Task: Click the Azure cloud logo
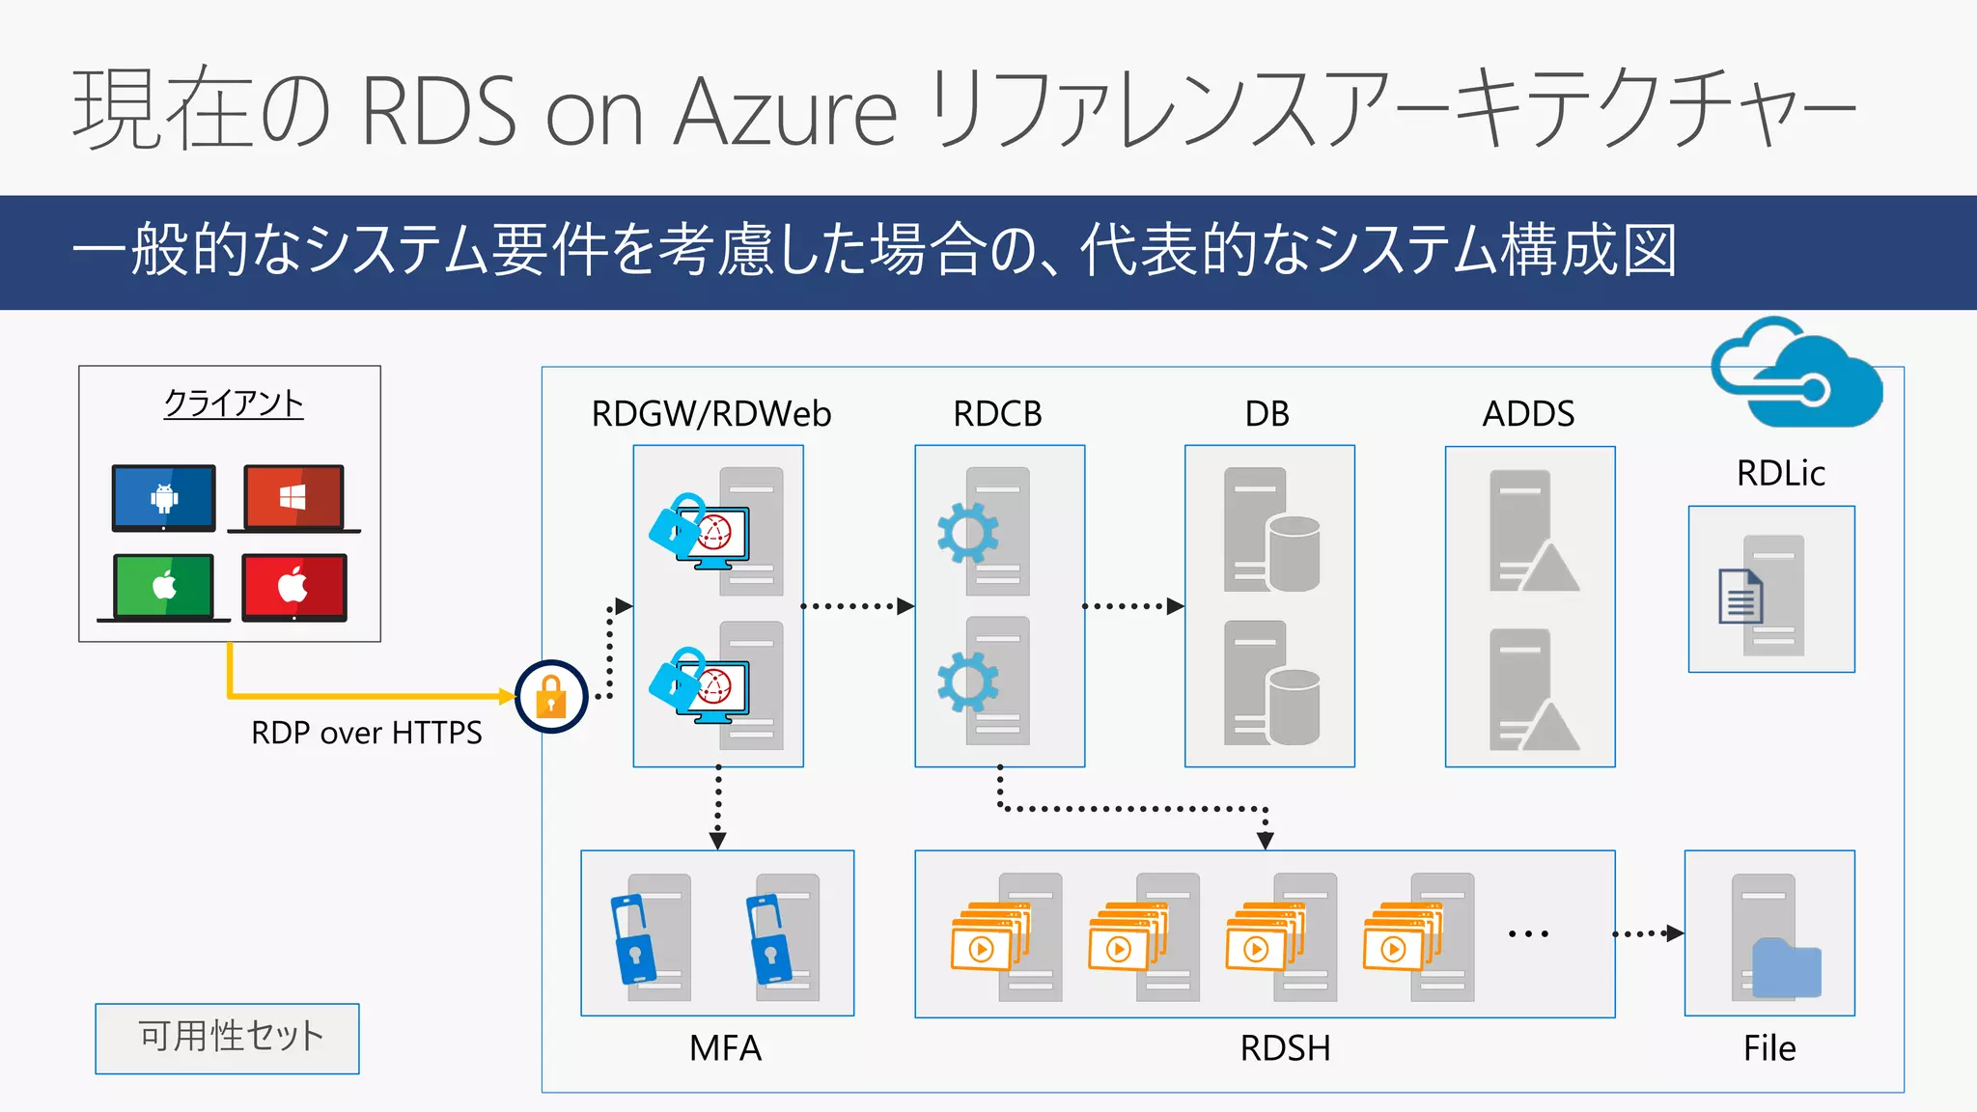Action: coord(1796,375)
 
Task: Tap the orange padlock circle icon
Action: coord(551,696)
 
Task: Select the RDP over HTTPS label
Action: coord(367,733)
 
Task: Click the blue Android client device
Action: coord(164,498)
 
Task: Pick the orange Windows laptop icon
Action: coord(293,498)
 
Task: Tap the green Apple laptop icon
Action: coord(164,587)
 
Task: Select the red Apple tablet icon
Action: coord(293,587)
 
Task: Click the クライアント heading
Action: coord(234,403)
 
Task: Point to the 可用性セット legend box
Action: coord(228,1038)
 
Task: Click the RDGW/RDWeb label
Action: coord(710,414)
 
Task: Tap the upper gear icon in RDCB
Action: coord(967,533)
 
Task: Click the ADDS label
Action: coord(1528,414)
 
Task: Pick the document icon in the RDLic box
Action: coord(1740,597)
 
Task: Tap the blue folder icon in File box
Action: coord(1786,968)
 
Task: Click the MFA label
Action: coord(725,1048)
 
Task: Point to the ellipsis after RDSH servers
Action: coord(1528,933)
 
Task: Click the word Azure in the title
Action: coord(786,111)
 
